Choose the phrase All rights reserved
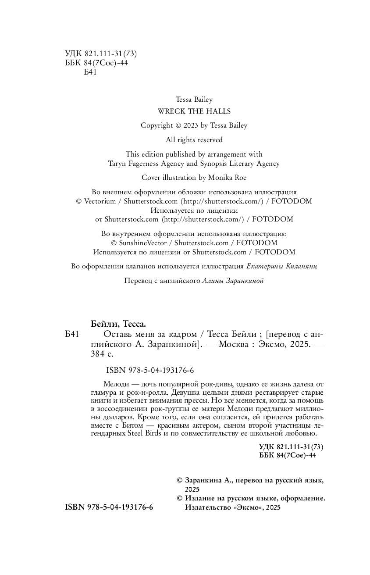pyautogui.click(x=194, y=140)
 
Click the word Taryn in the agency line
pyautogui.click(x=117, y=164)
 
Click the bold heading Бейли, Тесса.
pyautogui.click(x=118, y=324)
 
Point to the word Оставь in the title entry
pyautogui.click(x=117, y=335)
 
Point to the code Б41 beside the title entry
pyautogui.click(x=71, y=335)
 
